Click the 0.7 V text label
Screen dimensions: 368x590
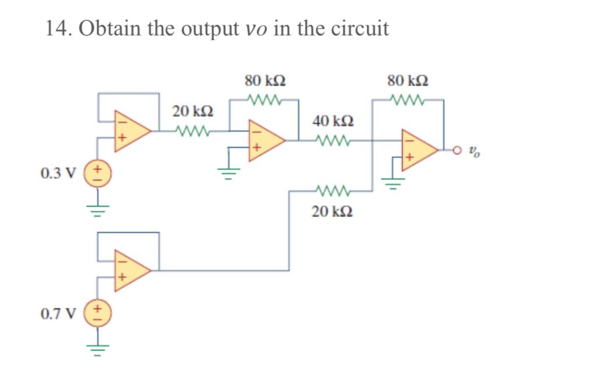click(x=58, y=314)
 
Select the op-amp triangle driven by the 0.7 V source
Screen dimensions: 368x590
click(x=132, y=270)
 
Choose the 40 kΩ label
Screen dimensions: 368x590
click(x=332, y=122)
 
